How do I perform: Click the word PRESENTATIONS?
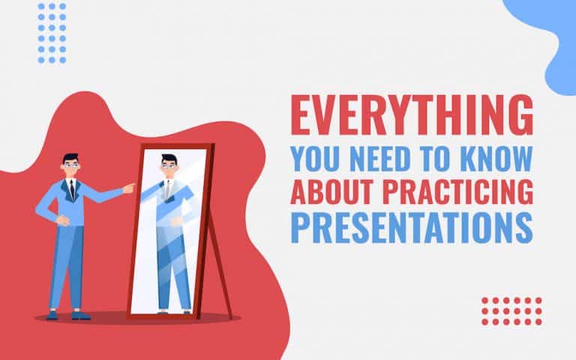pos(412,227)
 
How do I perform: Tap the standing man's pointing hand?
pos(129,185)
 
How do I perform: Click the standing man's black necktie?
pos(70,188)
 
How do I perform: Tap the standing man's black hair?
pos(70,157)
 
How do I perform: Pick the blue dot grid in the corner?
pos(51,33)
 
